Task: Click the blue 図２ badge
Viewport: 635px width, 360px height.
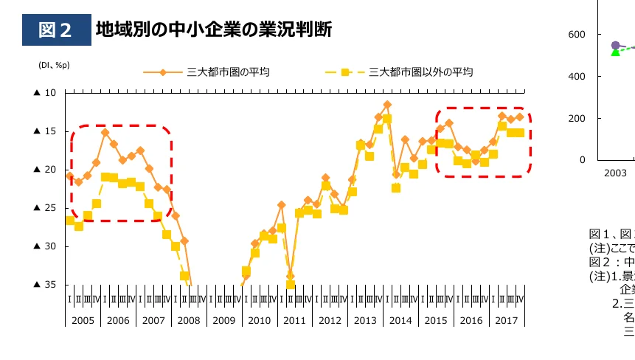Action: coord(55,30)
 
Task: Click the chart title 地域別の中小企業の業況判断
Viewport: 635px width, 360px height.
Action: coord(214,30)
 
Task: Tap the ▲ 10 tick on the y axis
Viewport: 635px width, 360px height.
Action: coord(45,93)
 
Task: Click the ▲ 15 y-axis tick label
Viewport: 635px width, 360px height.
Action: coord(45,131)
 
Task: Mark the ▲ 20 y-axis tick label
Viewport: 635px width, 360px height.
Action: coord(45,170)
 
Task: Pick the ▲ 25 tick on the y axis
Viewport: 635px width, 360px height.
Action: coord(45,208)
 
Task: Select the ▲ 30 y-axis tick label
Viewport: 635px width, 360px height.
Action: coord(45,246)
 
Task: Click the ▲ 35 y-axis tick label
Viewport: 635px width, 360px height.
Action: coord(45,285)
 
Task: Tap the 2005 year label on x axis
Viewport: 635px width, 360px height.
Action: coord(83,321)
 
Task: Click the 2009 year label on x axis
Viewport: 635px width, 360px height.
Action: coord(224,321)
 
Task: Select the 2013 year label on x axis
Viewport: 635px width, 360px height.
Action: coord(365,321)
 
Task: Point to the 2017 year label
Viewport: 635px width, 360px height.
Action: coord(507,321)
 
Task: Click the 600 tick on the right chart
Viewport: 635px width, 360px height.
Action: coord(577,35)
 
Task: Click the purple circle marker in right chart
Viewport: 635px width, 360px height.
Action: coord(616,46)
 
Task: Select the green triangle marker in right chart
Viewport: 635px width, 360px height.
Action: coord(616,52)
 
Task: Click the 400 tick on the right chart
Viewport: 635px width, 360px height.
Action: coord(577,77)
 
